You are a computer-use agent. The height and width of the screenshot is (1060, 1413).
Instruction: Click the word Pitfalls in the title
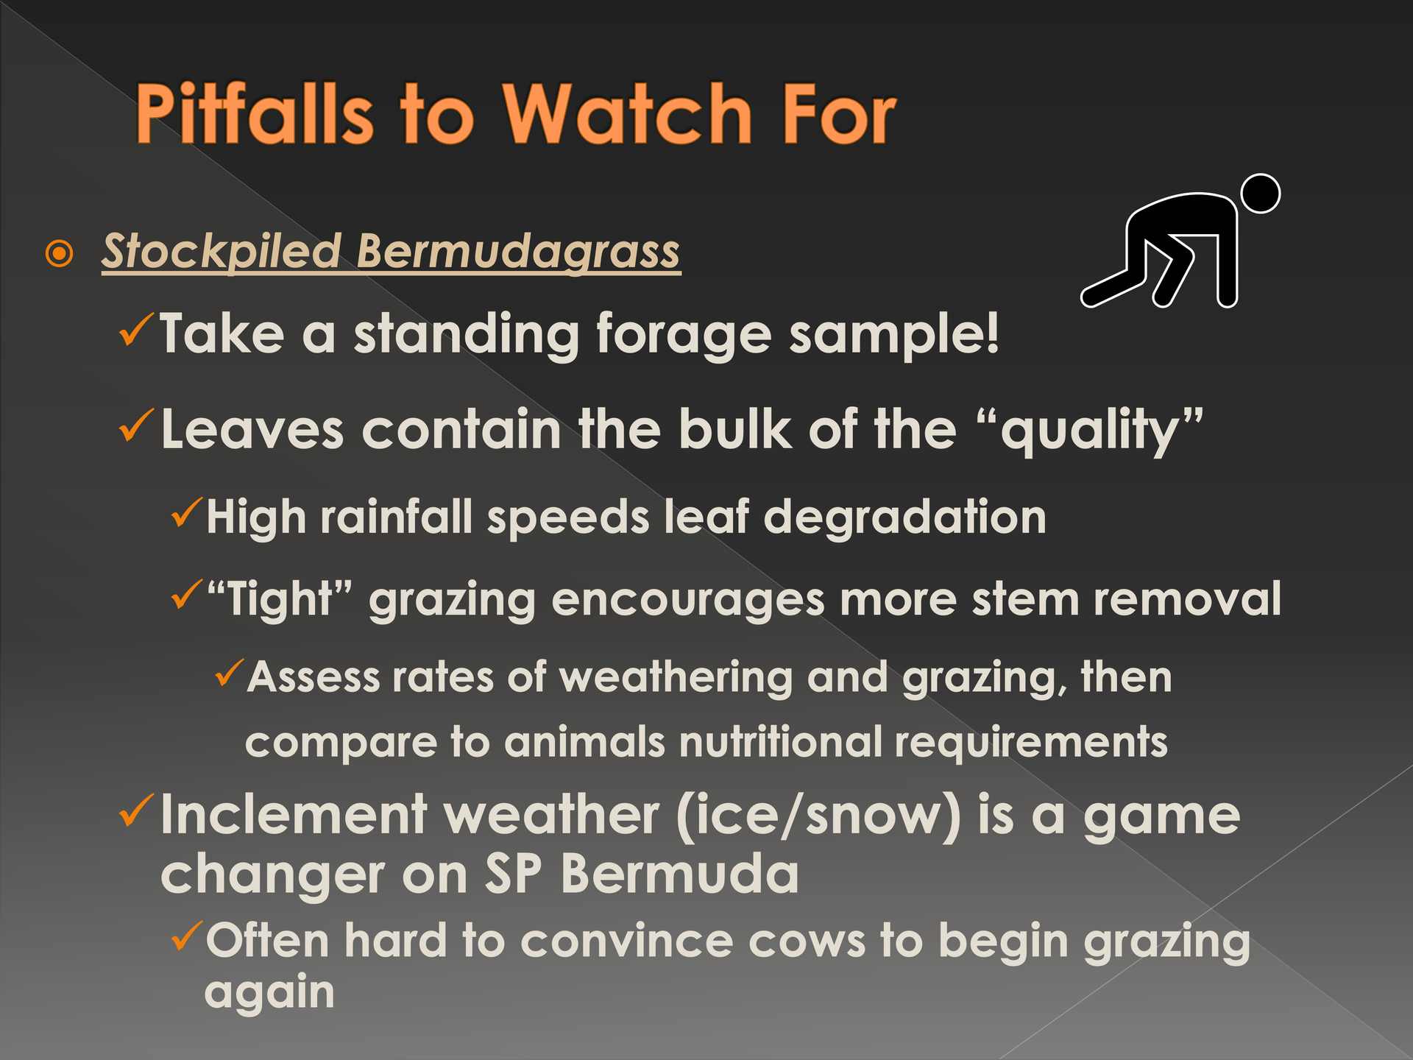[255, 113]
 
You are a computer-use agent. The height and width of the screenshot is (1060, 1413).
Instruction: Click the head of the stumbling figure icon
[1261, 194]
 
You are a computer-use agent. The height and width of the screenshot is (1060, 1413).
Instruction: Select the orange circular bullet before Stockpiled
[59, 254]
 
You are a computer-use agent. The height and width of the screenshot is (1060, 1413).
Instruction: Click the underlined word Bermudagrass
[518, 252]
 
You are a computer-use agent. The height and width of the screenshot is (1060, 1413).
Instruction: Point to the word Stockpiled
[221, 252]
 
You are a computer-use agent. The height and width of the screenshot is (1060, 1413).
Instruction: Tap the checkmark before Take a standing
[136, 331]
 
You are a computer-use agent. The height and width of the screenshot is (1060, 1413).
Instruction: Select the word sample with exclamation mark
[894, 335]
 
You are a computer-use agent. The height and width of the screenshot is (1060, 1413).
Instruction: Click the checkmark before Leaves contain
[136, 426]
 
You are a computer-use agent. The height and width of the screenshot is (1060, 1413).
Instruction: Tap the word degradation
[904, 518]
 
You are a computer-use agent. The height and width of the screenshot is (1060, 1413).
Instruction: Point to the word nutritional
[780, 741]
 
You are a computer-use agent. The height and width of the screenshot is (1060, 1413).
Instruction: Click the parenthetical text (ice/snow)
[818, 816]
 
